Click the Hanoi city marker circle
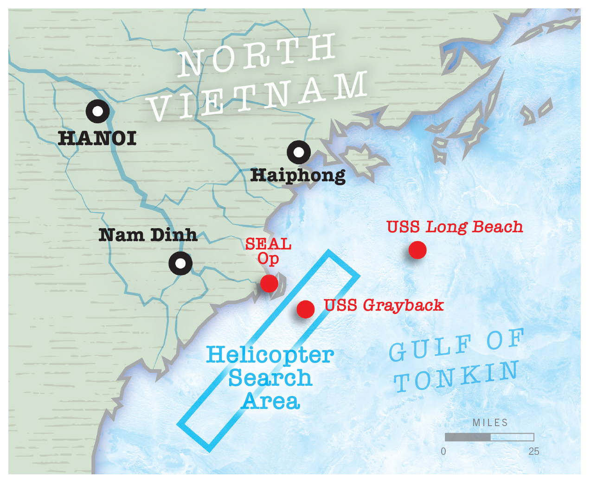click(97, 111)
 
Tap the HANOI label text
click(97, 139)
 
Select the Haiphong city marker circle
click(299, 152)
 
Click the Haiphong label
click(298, 176)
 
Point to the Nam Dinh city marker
click(180, 263)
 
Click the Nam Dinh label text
click(148, 235)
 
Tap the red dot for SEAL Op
click(269, 283)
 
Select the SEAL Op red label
click(269, 251)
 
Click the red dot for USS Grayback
click(305, 309)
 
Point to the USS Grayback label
click(384, 305)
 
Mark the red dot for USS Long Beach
click(418, 250)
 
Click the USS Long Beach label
click(455, 227)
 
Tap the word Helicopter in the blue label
click(270, 356)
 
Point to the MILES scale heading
click(490, 422)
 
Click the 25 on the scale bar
click(533, 451)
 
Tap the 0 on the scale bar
click(443, 451)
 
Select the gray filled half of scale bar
click(468, 437)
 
